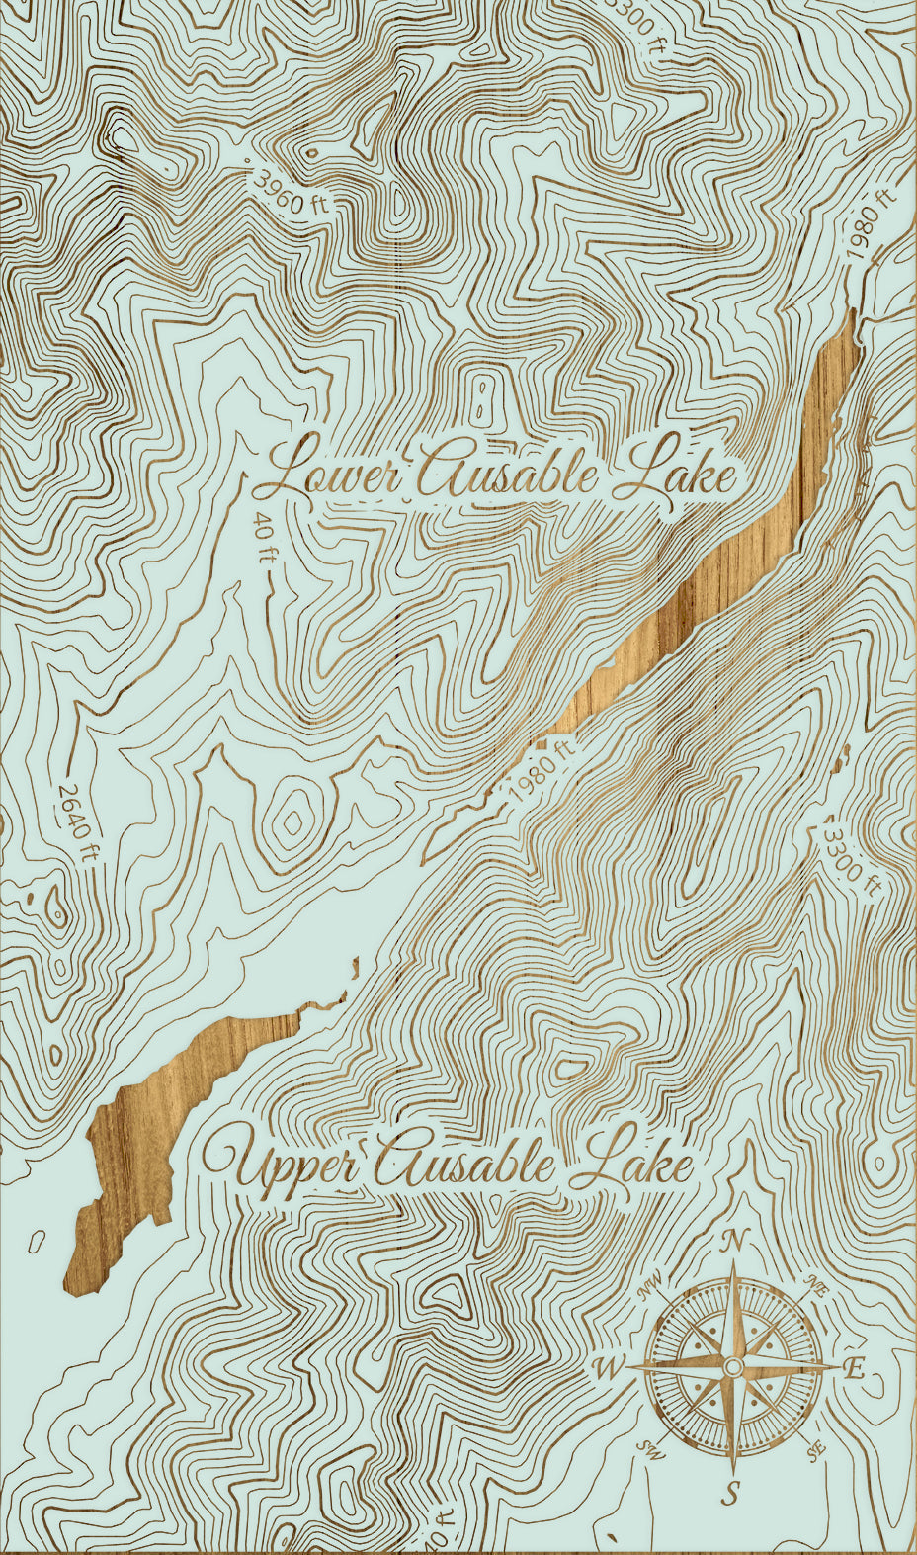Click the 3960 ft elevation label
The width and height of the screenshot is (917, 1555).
292,192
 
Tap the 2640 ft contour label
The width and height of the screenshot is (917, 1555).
78,823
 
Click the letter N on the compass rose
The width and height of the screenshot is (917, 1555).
735,1242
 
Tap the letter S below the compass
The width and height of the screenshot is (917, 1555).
732,1492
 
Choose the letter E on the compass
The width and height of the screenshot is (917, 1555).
855,1369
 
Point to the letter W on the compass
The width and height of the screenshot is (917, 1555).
608,1369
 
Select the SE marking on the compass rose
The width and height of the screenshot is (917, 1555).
816,1450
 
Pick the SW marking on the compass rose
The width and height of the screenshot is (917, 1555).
651,1450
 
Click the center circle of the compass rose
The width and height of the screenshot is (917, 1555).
732,1366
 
